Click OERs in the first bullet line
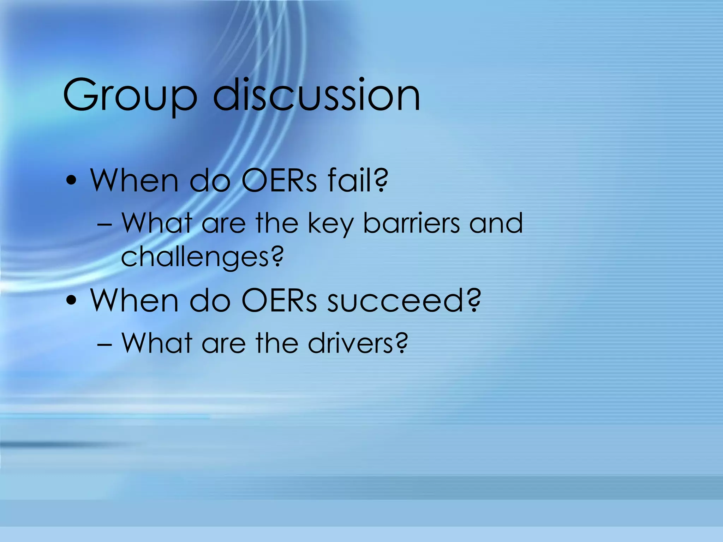279,180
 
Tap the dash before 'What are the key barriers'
104,224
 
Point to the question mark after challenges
277,256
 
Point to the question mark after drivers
401,342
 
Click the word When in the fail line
134,180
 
